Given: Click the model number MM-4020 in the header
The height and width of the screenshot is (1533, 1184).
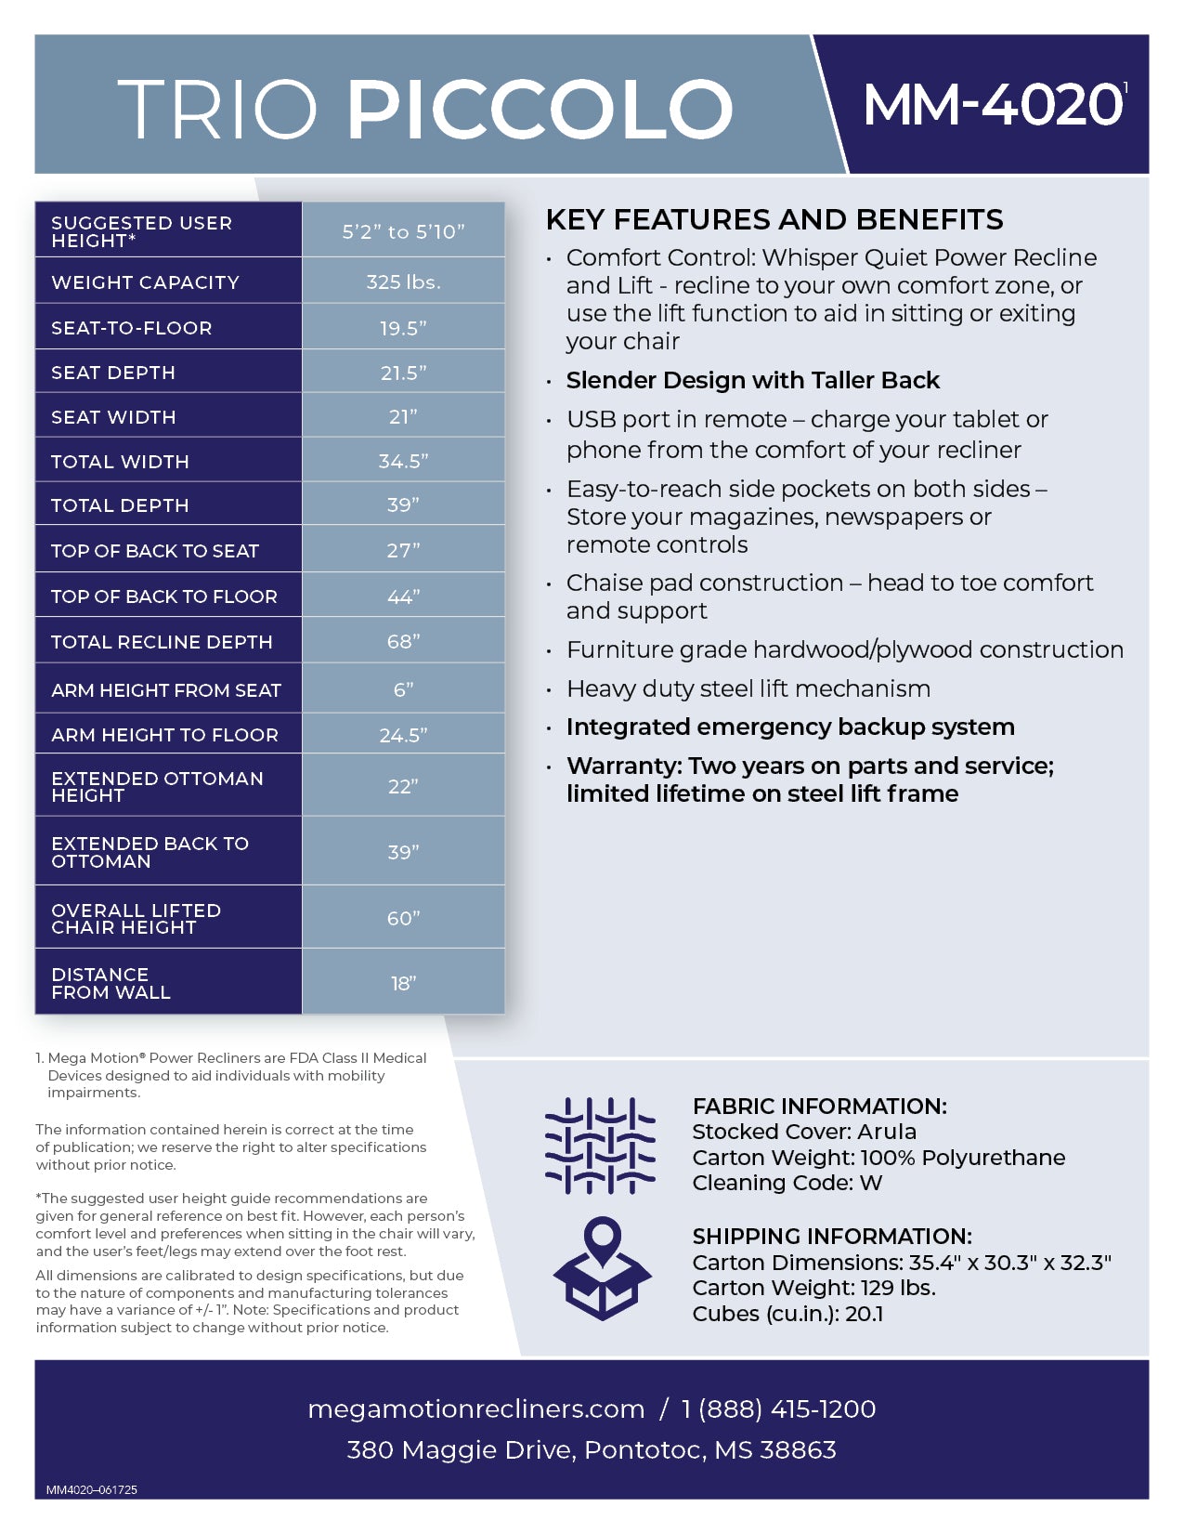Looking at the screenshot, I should point(993,105).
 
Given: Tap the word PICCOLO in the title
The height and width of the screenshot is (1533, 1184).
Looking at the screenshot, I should point(540,110).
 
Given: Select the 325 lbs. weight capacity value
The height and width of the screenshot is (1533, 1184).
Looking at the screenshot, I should point(403,282).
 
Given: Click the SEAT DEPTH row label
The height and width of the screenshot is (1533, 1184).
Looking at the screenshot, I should point(113,373).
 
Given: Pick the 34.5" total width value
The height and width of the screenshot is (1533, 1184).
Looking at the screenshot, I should point(403,462).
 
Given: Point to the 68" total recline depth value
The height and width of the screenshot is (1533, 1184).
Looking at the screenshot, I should point(403,642).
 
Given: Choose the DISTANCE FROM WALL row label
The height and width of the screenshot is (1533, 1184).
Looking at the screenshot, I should point(111,983).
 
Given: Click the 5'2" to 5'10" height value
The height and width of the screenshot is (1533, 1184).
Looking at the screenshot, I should point(403,231).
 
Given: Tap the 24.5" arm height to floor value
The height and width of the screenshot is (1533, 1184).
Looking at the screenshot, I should point(403,736).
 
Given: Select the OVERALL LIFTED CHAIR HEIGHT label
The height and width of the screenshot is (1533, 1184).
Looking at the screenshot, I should point(137,919).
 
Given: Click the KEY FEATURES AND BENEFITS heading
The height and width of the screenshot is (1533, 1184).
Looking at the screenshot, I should point(774,220).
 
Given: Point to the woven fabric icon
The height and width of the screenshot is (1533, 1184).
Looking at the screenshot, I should point(601,1146).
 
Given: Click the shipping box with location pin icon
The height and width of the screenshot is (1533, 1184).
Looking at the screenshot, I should point(603,1268).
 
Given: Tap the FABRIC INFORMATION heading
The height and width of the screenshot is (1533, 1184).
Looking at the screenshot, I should point(819,1107).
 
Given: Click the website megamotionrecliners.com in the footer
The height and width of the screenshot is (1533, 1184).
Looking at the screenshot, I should point(475,1409).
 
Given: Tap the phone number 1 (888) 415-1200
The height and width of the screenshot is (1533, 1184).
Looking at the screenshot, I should point(778,1409).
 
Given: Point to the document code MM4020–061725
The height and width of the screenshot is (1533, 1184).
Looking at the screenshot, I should point(92,1490).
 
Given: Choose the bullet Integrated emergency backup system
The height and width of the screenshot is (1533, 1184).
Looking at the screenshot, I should point(790,727).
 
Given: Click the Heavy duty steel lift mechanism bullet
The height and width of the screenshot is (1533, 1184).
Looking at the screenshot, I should point(748,689).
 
